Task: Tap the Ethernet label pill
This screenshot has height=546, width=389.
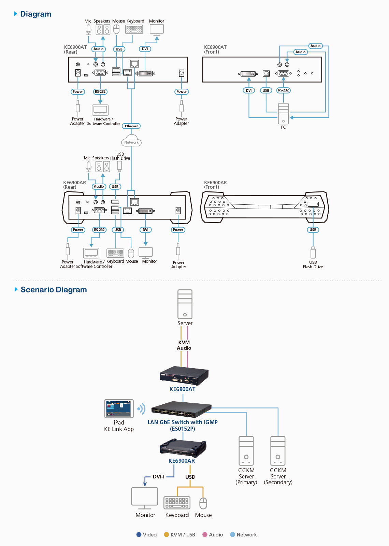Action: (131, 126)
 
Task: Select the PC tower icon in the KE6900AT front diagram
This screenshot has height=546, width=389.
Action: (283, 114)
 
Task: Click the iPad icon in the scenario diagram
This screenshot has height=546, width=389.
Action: (119, 409)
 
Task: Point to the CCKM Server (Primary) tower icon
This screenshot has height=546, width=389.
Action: (246, 451)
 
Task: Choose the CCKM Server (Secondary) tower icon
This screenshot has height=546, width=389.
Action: (278, 451)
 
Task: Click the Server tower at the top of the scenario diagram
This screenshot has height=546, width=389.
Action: (185, 304)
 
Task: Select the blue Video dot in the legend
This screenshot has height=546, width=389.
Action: (139, 535)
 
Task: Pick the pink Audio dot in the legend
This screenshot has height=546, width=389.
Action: (205, 535)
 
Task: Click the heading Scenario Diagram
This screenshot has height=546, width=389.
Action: (54, 290)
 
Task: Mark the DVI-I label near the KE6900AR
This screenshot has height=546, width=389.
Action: (159, 477)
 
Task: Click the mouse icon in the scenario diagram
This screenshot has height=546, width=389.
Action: (203, 503)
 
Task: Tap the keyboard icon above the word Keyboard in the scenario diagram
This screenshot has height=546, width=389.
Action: (177, 503)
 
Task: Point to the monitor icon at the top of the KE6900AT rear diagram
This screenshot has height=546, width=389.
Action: (157, 30)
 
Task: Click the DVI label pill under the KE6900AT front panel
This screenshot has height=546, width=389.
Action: (249, 90)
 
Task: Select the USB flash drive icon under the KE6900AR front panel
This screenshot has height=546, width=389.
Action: (313, 253)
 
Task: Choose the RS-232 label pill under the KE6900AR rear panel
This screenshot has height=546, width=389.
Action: (99, 230)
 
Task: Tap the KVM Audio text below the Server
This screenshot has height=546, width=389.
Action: (184, 345)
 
